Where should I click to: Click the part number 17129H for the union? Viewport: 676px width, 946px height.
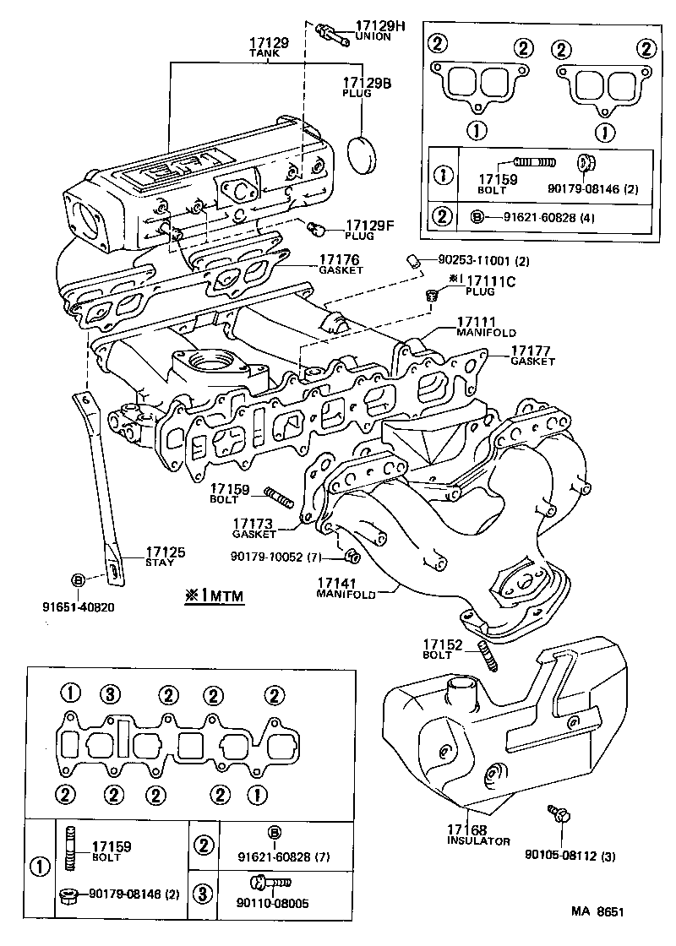pyautogui.click(x=379, y=27)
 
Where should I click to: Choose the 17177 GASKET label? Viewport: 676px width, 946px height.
pyautogui.click(x=532, y=355)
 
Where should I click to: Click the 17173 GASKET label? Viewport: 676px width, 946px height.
pyautogui.click(x=254, y=529)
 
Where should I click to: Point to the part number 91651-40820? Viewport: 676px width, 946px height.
pyautogui.click(x=78, y=606)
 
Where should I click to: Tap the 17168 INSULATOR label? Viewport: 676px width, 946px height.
pyautogui.click(x=478, y=835)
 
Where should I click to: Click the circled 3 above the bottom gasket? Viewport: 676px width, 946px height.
pyautogui.click(x=108, y=694)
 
